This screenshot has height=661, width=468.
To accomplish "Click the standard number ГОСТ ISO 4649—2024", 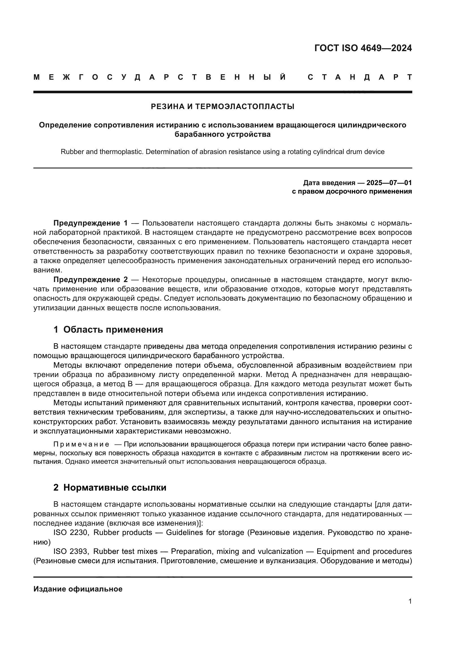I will [363, 48].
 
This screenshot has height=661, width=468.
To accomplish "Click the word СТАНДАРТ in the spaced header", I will [360, 77].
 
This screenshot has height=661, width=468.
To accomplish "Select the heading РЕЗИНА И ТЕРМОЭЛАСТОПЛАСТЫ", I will [222, 107].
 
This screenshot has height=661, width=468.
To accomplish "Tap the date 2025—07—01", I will [389, 183].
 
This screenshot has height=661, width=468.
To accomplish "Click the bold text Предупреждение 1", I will [90, 223].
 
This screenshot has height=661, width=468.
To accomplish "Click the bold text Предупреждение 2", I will [90, 279].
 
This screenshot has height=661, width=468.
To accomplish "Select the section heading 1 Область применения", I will [108, 330].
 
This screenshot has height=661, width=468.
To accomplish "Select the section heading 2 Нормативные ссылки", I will [110, 488].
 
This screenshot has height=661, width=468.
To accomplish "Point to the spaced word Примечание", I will [81, 445].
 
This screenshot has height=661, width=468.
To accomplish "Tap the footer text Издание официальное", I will [78, 589].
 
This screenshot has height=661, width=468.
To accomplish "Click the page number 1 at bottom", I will [410, 601].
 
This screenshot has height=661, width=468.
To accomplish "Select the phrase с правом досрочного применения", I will [352, 191].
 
